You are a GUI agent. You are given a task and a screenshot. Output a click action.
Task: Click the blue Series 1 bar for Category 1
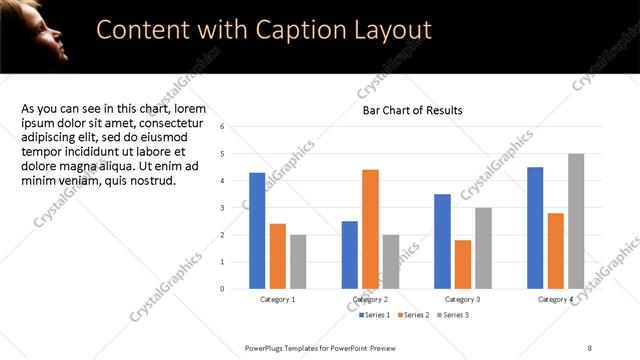point(257,231)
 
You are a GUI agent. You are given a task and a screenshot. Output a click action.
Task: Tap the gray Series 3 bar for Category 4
point(576,221)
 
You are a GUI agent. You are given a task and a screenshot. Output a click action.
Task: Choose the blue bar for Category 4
point(535,228)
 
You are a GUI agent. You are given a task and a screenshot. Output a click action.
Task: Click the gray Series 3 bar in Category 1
point(298,262)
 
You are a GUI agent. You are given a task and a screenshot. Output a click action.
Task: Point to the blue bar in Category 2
point(350,255)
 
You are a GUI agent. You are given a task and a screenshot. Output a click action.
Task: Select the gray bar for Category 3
point(483,248)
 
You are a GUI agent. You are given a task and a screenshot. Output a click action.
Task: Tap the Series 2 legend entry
point(416,315)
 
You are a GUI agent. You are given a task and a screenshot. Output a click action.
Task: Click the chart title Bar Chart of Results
point(412,110)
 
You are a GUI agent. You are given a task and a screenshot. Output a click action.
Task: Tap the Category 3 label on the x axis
point(463,299)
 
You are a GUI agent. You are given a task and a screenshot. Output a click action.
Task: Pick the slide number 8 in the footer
point(591,347)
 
